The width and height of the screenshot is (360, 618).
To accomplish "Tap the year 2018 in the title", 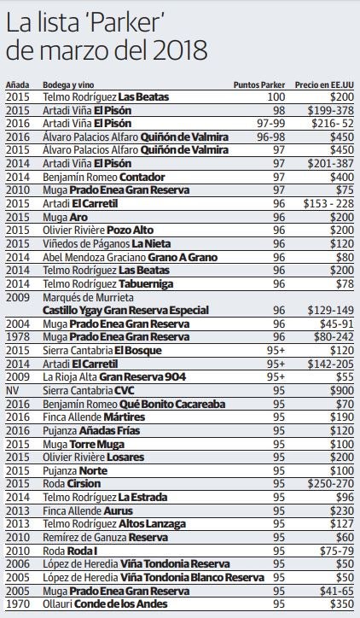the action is coord(180,50).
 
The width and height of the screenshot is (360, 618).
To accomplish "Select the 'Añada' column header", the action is coord(17,85).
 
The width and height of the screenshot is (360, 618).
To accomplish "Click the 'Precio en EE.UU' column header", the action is coord(324,85).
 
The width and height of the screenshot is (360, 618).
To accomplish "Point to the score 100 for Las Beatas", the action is coord(276,97).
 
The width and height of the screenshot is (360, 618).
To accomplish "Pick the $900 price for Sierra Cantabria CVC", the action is coord(342,391).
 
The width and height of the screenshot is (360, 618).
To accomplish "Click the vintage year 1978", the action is coord(18,337).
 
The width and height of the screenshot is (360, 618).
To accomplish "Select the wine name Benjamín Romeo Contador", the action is coord(103,177).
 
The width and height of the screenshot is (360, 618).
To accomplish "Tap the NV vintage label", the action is coord(12,391).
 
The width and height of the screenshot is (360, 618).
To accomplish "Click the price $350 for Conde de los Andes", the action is coord(342,603).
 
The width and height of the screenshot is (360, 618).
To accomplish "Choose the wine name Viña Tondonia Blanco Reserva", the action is coord(192,577).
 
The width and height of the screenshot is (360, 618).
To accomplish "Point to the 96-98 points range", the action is coord(271,137).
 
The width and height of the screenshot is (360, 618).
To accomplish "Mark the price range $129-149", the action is coord(330,310).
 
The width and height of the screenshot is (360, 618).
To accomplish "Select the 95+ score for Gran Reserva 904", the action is coord(276,377).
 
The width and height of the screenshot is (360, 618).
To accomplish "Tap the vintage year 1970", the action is coord(18,603).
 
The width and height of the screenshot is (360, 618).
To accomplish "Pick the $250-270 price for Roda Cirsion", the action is coord(330,484).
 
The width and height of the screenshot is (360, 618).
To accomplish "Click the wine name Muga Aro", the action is coord(65,217).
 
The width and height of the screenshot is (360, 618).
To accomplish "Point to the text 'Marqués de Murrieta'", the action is coord(88,297).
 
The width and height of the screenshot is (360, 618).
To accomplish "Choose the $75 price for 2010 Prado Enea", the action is coord(345,190).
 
